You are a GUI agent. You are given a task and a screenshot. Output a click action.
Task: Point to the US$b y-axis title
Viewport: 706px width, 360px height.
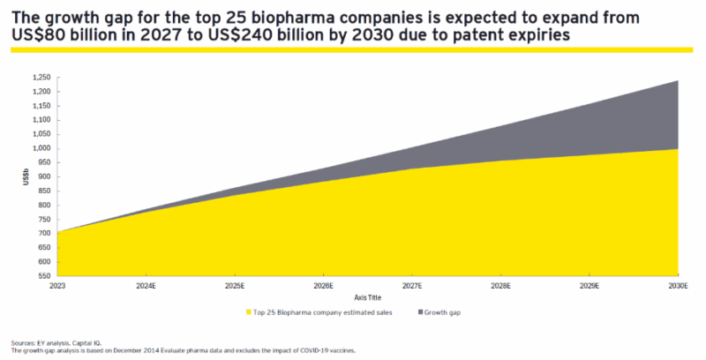click(x=26, y=176)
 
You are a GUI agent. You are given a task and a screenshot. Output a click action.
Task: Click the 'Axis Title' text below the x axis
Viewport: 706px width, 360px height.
click(x=367, y=297)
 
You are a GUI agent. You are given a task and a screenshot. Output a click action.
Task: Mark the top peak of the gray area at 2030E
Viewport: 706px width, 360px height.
click(x=677, y=81)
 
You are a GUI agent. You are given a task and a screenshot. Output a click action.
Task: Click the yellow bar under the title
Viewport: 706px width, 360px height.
click(x=353, y=50)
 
